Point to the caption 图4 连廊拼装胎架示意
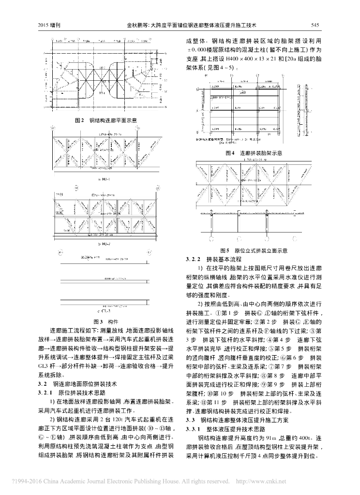254,153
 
